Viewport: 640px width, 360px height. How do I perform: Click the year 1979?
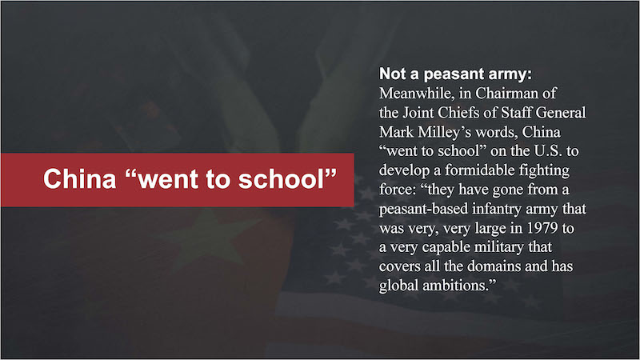[x=542, y=228]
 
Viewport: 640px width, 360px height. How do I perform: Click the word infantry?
[x=496, y=209]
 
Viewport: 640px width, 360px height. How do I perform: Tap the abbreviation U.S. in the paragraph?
[x=548, y=151]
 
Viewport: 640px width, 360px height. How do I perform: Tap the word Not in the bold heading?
[x=393, y=74]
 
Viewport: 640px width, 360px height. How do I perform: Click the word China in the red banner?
[x=79, y=178]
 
